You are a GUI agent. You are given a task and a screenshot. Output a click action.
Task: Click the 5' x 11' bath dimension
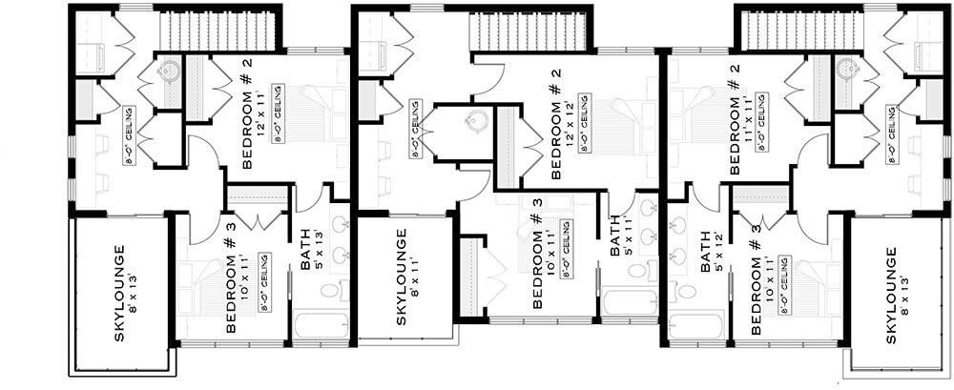click(629, 237)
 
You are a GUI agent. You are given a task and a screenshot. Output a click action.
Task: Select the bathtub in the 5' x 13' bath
click(321, 325)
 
